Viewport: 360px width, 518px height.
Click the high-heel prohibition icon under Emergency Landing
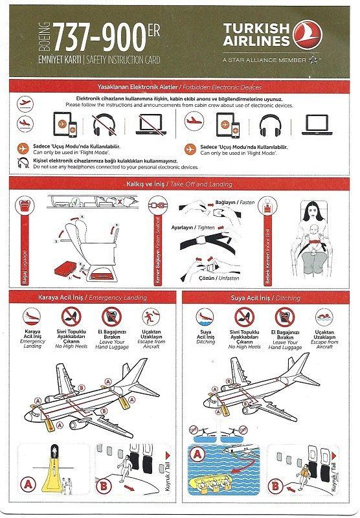71,316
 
